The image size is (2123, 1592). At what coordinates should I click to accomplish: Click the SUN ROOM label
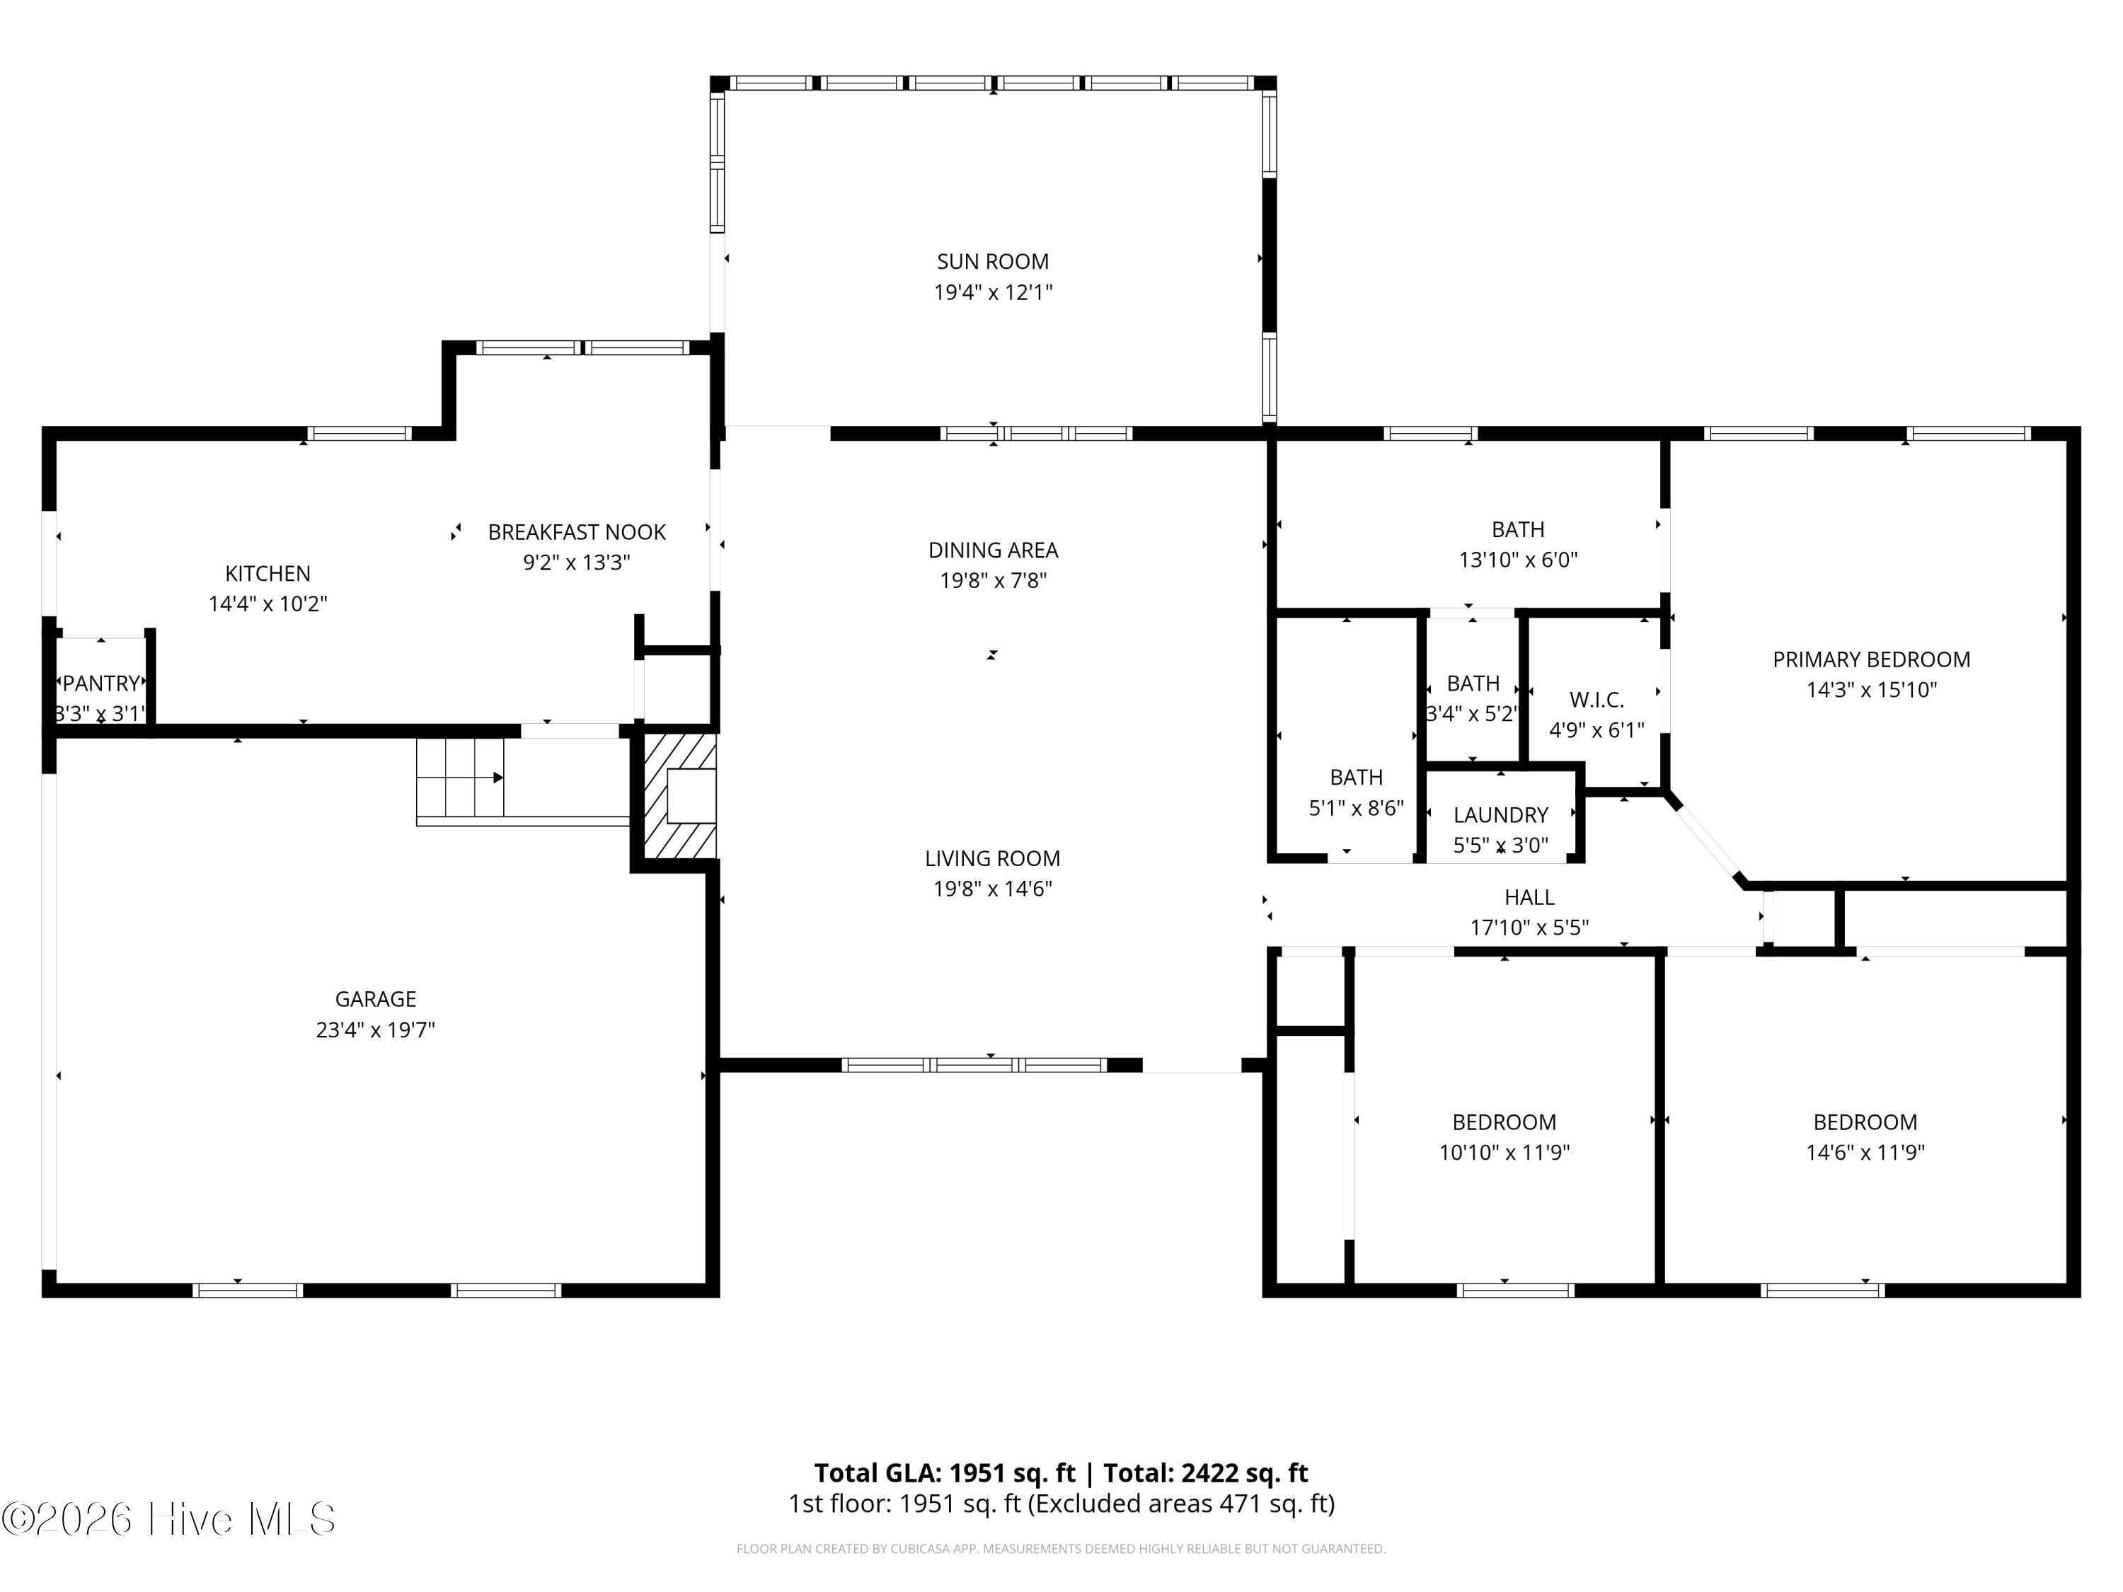click(992, 261)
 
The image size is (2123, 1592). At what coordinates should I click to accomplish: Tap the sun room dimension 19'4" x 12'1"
click(992, 292)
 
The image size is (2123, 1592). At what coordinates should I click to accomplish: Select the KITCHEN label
click(267, 574)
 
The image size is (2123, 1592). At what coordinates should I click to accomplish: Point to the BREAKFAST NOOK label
click(577, 531)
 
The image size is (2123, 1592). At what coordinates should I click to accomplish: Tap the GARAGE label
click(375, 999)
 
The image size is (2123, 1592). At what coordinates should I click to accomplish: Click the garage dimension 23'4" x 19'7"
click(375, 1029)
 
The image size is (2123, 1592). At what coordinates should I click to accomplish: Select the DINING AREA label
click(992, 550)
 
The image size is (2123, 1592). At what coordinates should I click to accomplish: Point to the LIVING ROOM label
click(992, 858)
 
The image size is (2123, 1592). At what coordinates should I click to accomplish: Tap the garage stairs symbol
click(461, 778)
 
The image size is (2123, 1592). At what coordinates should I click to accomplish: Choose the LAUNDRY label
click(1500, 814)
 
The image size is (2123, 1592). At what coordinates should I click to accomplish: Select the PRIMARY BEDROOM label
click(1872, 659)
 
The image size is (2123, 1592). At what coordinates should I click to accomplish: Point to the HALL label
click(1529, 897)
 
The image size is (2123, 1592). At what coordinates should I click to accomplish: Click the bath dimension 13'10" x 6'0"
click(1519, 560)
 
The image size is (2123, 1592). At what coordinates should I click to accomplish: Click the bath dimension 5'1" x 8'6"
click(1356, 808)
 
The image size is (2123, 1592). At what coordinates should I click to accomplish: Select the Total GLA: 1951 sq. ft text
click(945, 1473)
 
